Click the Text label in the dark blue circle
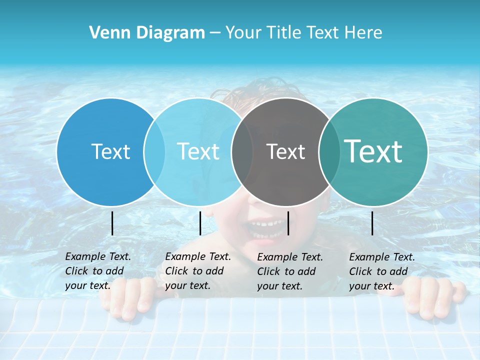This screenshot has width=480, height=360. [110, 151]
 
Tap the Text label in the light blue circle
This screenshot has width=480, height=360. [198, 151]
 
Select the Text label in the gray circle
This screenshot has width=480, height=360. [285, 151]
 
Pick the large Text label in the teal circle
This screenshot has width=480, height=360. [373, 151]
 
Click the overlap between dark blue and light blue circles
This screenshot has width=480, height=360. [154, 151]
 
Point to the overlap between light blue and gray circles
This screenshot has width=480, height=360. [242, 151]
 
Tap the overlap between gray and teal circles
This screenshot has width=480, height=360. [329, 151]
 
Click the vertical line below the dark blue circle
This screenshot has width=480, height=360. [112, 223]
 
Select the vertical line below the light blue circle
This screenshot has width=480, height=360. [200, 223]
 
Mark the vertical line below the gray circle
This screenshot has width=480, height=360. [288, 223]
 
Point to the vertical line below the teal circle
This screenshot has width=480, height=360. [372, 223]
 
